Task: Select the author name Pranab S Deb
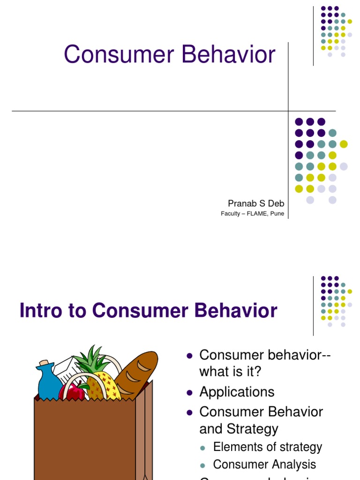(x=256, y=203)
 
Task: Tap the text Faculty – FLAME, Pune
(x=252, y=214)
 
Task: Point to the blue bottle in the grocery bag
(x=48, y=382)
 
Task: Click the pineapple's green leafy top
(x=92, y=360)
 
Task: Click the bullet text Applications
(x=237, y=392)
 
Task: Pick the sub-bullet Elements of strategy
(x=267, y=447)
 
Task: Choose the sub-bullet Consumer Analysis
(x=264, y=465)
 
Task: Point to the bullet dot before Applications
(x=190, y=392)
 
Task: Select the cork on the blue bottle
(x=44, y=364)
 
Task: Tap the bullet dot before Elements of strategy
(x=203, y=448)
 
